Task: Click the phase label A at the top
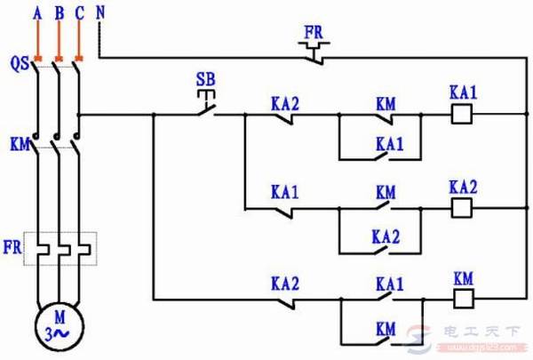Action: pos(36,14)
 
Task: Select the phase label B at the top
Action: pos(58,14)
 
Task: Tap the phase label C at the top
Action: pos(79,14)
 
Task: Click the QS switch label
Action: pos(18,63)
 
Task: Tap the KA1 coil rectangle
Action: pos(461,114)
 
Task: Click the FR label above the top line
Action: pos(314,32)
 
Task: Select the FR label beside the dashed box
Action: pos(15,243)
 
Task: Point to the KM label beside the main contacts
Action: pos(18,141)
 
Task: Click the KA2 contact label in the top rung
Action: pos(285,102)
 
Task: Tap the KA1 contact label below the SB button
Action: pos(285,194)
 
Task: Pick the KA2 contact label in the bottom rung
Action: pos(285,284)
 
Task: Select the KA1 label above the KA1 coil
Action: pos(463,93)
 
